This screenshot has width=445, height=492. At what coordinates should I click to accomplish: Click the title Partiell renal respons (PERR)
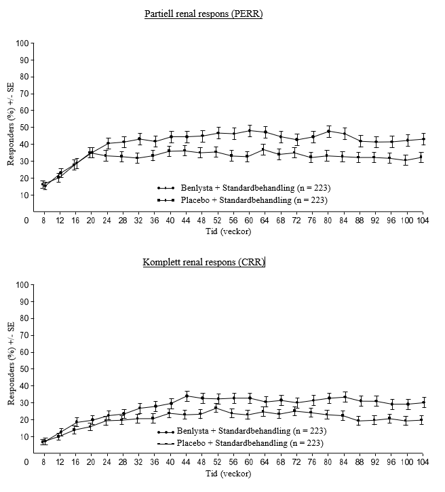(204, 14)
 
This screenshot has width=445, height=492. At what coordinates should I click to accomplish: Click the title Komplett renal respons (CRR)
(204, 262)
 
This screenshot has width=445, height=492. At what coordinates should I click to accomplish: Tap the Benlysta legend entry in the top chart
(244, 188)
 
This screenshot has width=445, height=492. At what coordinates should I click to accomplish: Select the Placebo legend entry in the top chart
(242, 200)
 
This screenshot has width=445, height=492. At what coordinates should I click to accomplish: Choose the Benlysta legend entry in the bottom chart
(241, 431)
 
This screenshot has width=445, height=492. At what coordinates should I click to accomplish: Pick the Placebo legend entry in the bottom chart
(240, 442)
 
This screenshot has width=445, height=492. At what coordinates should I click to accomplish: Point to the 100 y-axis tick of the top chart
(22, 43)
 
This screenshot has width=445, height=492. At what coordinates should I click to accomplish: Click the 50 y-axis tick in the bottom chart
(24, 369)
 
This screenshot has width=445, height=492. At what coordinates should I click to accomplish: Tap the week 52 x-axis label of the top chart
(217, 221)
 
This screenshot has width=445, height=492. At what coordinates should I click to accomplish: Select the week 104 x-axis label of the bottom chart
(423, 462)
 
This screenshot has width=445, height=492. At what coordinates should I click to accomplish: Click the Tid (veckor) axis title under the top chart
(229, 231)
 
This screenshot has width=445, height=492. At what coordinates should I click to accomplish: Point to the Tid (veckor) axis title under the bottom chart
(229, 473)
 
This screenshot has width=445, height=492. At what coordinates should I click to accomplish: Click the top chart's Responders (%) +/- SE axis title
(11, 124)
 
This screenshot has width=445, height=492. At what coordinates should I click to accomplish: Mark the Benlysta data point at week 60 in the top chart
(250, 130)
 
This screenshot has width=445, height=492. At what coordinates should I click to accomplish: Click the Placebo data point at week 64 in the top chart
(263, 150)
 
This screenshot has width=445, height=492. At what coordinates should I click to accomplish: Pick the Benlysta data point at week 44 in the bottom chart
(187, 396)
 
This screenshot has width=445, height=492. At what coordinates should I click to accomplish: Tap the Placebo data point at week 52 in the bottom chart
(216, 408)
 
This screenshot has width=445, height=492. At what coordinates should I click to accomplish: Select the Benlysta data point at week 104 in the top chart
(423, 139)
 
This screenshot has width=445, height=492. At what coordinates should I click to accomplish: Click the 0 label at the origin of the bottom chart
(26, 462)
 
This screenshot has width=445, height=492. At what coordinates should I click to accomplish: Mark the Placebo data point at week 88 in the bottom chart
(359, 421)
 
